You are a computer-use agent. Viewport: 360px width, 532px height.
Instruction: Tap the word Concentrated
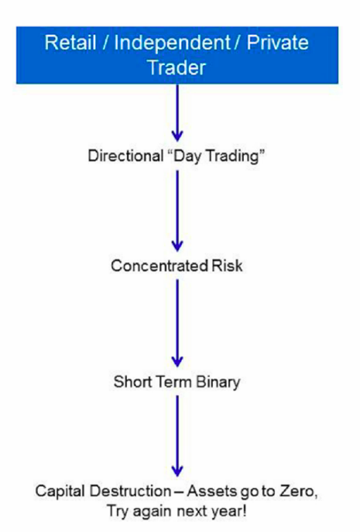click(x=155, y=266)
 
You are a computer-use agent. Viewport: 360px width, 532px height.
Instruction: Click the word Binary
click(x=218, y=382)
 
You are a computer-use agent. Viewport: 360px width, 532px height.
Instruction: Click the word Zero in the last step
click(x=297, y=492)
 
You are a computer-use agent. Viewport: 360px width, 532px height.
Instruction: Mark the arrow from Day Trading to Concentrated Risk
click(x=177, y=209)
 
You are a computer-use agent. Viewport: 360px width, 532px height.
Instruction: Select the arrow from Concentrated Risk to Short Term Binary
click(x=177, y=321)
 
